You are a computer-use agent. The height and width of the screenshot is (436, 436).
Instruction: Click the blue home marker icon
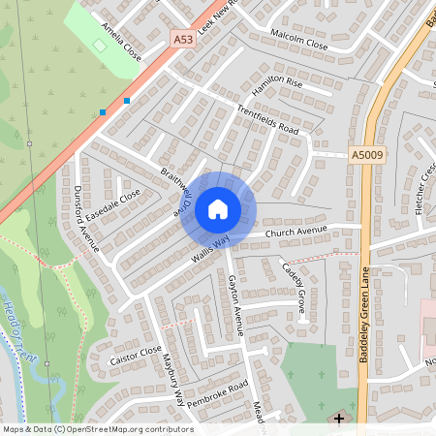(218, 208)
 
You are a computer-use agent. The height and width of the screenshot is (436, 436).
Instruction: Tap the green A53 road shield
(182, 40)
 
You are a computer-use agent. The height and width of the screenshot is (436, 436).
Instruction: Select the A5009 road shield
(366, 154)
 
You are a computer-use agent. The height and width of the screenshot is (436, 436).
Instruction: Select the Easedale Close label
(112, 202)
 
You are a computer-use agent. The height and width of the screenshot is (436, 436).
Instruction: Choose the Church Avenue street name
(298, 233)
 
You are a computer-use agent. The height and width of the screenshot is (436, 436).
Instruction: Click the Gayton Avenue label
(234, 303)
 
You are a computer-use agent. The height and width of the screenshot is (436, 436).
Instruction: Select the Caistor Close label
(136, 356)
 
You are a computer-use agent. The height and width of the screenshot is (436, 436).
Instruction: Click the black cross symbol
(338, 419)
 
